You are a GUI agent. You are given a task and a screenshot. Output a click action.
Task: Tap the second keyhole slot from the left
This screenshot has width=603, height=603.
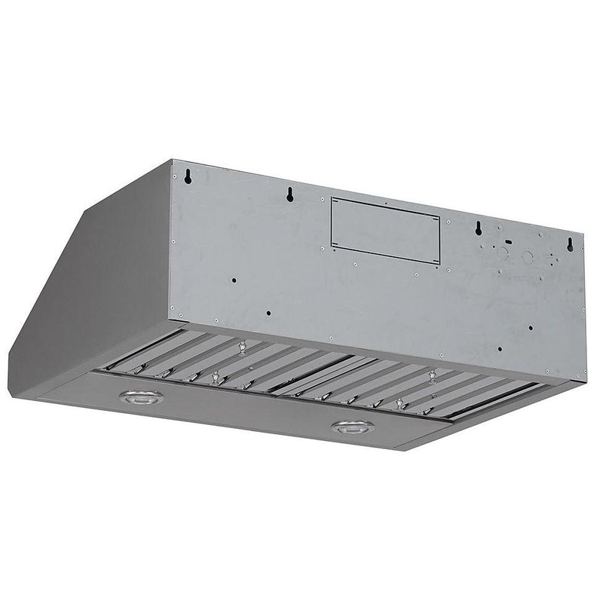click(289, 195)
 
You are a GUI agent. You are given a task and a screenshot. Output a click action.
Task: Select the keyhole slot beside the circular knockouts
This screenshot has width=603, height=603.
click(478, 229)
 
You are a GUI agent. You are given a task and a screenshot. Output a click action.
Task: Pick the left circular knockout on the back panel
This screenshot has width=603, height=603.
click(504, 254)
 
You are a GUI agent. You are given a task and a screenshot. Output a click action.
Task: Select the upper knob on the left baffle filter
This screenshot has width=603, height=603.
click(242, 347)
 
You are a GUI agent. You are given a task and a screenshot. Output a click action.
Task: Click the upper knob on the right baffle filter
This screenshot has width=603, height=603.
click(432, 375)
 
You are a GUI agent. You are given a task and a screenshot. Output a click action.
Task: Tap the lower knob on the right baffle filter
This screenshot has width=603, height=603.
click(400, 404)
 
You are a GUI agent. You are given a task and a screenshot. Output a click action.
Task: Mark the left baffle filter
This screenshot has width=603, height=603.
click(226, 362)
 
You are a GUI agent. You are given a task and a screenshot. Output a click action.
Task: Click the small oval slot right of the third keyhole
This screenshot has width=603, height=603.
click(507, 242)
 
